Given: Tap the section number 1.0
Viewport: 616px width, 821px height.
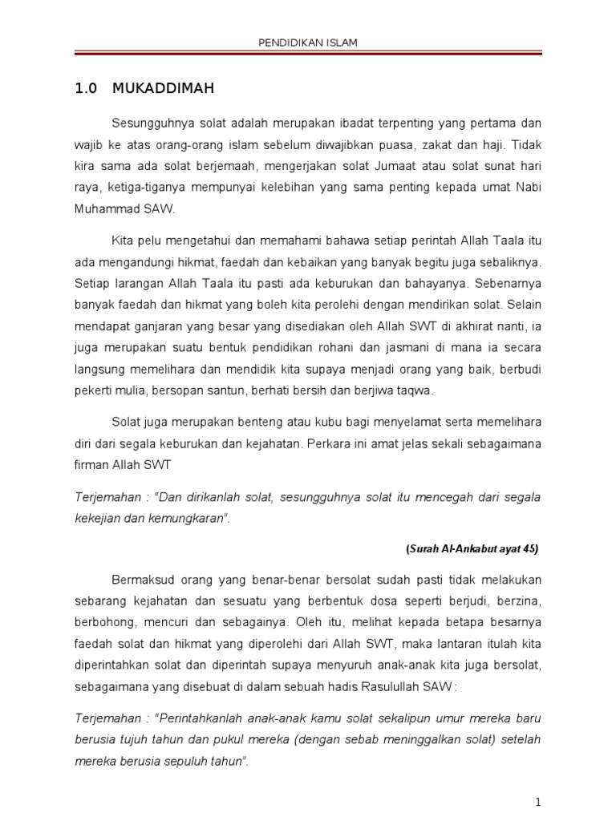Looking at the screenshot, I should [x=86, y=89].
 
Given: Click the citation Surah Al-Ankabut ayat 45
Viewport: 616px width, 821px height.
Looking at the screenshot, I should [x=473, y=549].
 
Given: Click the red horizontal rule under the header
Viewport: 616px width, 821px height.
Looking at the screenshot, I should [x=307, y=55].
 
